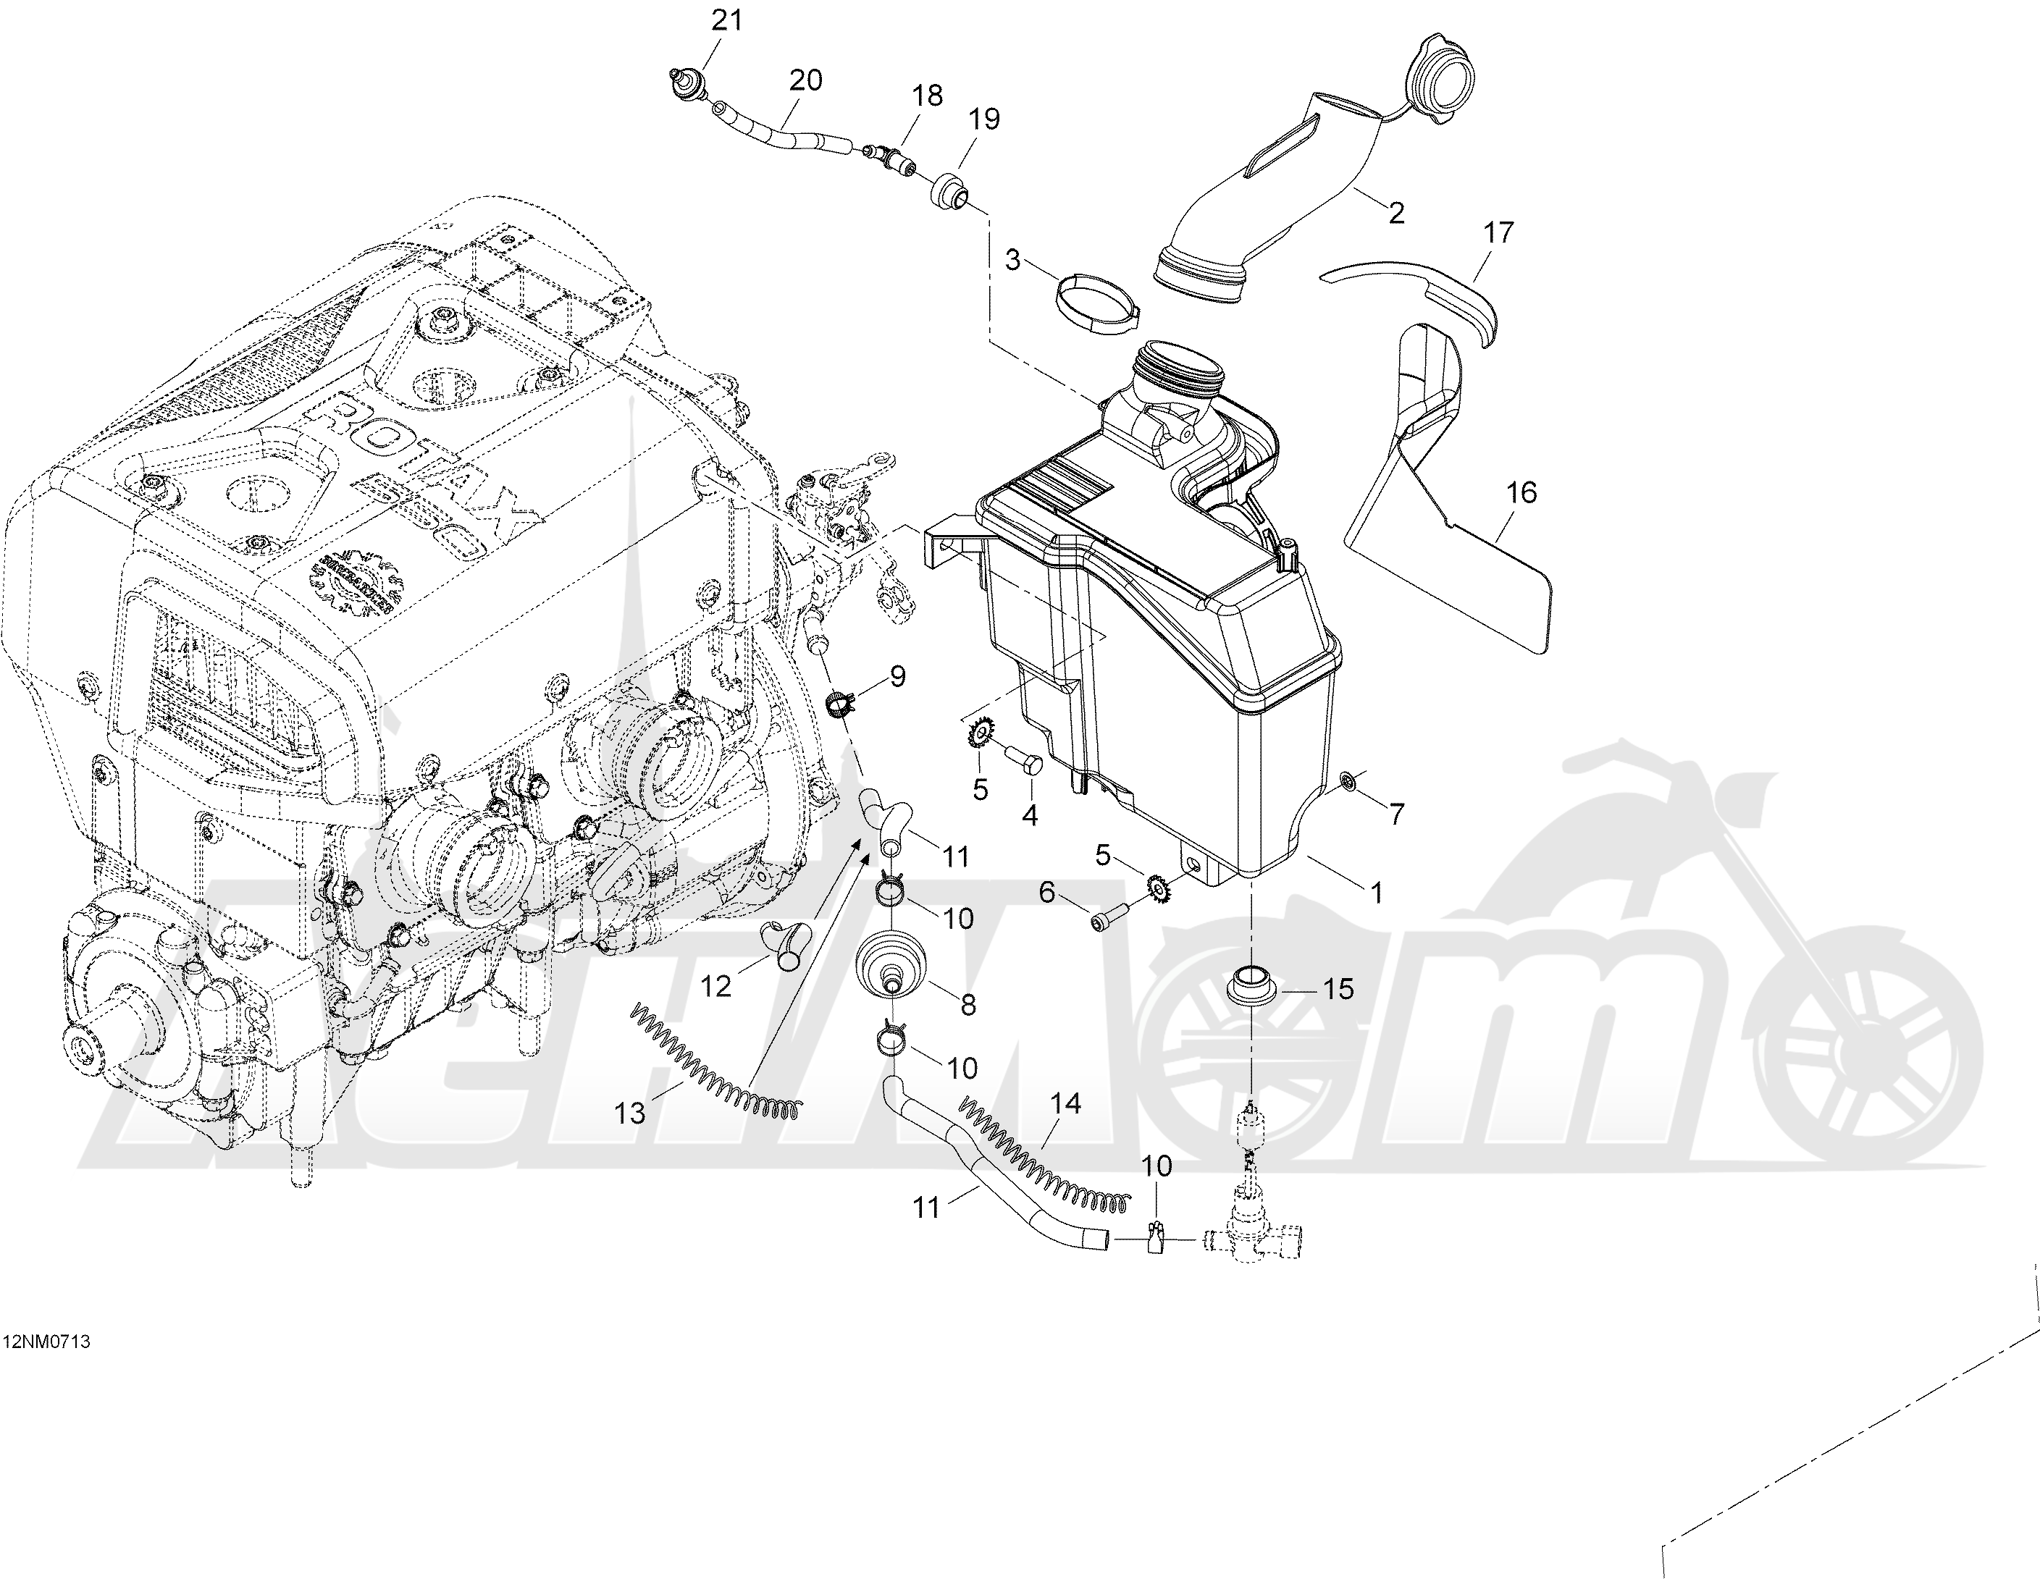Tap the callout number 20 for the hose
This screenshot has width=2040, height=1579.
805,81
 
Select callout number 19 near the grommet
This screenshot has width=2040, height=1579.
984,119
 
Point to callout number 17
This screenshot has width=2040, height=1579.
1499,232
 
